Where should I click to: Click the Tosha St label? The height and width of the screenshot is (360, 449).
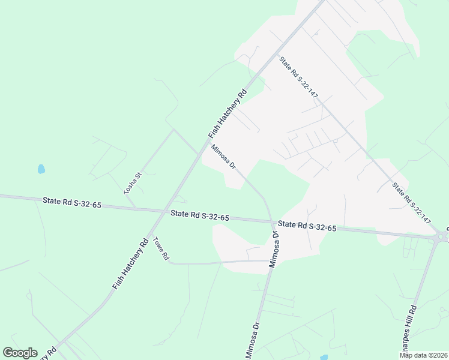click(x=132, y=183)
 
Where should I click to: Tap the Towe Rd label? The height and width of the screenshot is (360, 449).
click(x=161, y=249)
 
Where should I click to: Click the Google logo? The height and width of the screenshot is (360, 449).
click(x=20, y=353)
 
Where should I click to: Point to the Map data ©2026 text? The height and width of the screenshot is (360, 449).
click(x=423, y=355)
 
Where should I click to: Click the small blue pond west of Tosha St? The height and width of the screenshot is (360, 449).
click(x=41, y=169)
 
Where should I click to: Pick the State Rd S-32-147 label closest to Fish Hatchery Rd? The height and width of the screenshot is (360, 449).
click(x=298, y=77)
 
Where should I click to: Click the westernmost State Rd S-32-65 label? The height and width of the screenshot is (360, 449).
click(x=72, y=203)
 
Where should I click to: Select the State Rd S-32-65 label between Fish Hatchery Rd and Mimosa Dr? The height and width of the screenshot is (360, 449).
click(x=199, y=215)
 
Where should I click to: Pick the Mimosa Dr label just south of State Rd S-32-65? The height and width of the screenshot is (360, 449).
click(x=274, y=246)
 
